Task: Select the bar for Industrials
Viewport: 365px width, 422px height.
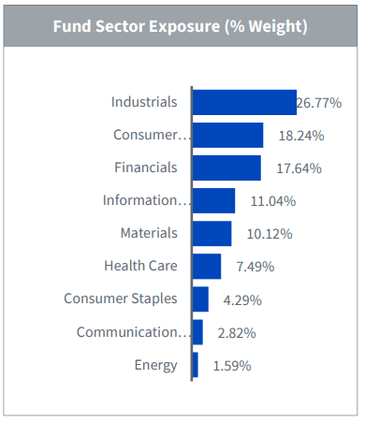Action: tap(244, 102)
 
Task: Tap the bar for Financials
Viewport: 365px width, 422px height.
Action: tap(226, 167)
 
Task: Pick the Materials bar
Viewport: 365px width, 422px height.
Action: tap(212, 233)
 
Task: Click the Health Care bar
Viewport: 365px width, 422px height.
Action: tap(207, 266)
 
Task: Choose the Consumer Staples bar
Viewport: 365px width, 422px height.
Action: tap(200, 299)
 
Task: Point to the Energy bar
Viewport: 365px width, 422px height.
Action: tap(195, 365)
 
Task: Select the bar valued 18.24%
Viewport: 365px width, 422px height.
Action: tap(227, 135)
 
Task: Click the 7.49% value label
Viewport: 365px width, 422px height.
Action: tap(255, 267)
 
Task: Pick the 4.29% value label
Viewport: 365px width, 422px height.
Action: tap(241, 300)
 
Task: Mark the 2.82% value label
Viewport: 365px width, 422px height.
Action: tap(236, 333)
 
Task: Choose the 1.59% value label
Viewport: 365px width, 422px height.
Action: tap(231, 366)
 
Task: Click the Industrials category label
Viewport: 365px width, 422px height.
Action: tap(143, 102)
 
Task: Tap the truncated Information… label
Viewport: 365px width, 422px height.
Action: tap(145, 200)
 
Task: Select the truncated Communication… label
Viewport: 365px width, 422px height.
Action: tap(133, 332)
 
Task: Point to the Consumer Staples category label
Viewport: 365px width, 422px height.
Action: tap(121, 299)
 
